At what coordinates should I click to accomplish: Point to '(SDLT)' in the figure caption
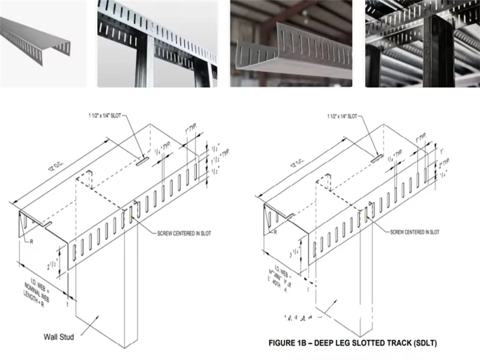424,343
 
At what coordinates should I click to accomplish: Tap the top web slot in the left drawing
142,161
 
